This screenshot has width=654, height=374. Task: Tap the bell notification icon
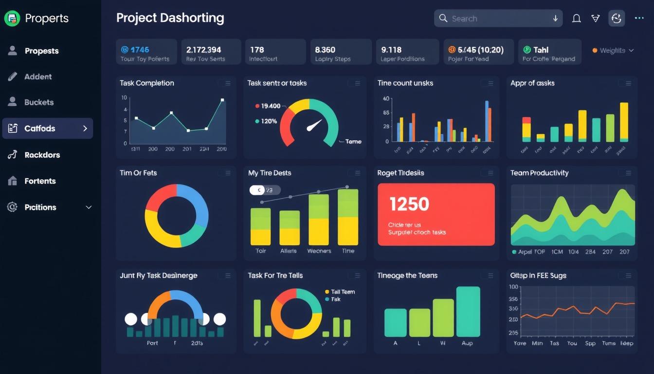point(576,19)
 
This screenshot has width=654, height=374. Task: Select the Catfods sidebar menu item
point(48,129)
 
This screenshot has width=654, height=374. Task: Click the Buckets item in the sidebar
point(39,102)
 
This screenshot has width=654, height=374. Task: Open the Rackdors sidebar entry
point(42,155)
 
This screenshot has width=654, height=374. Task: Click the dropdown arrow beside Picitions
point(89,207)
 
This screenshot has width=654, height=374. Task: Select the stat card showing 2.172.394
point(211,52)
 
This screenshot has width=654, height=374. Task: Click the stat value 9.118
point(391,50)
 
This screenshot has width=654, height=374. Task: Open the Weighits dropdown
point(613,51)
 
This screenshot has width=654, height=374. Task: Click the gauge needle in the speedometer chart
point(314,125)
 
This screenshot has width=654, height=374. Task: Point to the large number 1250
point(409,204)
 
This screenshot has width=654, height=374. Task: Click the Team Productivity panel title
point(539,173)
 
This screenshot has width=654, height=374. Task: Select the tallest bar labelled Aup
point(468,311)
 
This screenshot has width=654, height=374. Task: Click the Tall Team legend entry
point(343,292)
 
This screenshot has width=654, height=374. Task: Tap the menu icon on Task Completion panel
point(225,83)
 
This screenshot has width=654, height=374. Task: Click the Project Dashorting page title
point(170,19)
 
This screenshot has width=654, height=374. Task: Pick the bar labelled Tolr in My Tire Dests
point(260,226)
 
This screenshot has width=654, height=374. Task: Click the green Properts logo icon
point(12,19)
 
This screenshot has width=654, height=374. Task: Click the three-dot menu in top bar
point(639,19)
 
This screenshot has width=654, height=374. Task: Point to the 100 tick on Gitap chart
point(513,287)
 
